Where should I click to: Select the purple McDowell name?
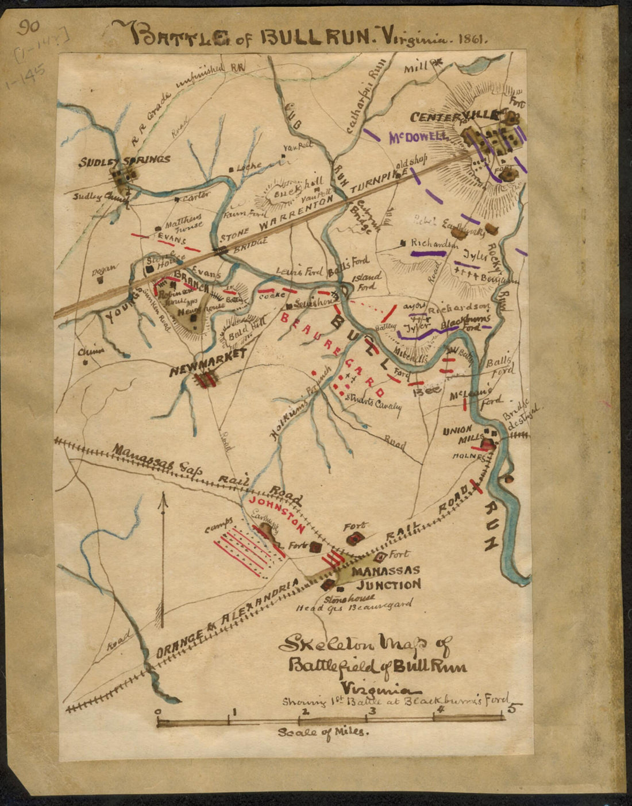pos(418,138)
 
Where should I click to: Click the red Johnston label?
pos(275,514)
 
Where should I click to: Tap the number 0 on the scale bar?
pos(158,712)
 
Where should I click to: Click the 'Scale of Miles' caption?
pos(323,733)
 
